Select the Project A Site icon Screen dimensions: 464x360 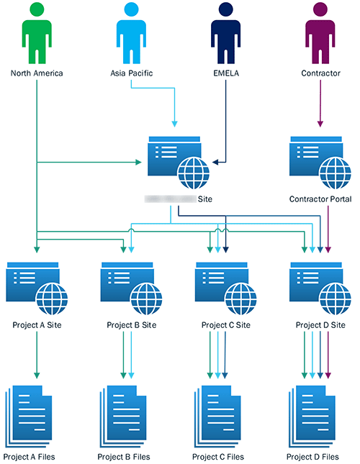36,286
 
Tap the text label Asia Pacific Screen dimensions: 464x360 131,73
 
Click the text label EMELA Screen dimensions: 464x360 225,73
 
